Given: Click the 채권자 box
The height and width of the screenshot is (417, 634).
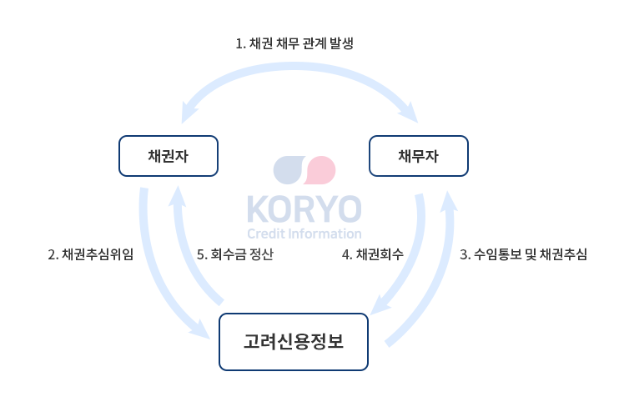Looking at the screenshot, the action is pyautogui.click(x=169, y=156).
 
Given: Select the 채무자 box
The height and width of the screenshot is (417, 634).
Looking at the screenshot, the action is pyautogui.click(x=419, y=156).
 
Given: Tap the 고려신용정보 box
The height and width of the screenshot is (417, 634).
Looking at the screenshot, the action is pyautogui.click(x=294, y=342).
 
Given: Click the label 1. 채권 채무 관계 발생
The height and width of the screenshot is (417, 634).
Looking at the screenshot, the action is pyautogui.click(x=294, y=43).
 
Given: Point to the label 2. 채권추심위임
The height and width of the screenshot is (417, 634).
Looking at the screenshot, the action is pyautogui.click(x=91, y=254).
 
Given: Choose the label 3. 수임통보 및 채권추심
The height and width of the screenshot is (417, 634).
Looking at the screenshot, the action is pyautogui.click(x=523, y=254).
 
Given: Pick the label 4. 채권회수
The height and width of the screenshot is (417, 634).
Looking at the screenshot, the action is pyautogui.click(x=372, y=254).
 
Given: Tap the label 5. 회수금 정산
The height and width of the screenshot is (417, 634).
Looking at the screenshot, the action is pyautogui.click(x=235, y=254).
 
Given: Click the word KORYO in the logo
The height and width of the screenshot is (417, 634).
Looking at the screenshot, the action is pyautogui.click(x=304, y=208).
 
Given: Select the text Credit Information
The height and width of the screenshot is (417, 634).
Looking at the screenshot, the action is pyautogui.click(x=304, y=234).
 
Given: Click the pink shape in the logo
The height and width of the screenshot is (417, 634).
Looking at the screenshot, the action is pyautogui.click(x=320, y=170).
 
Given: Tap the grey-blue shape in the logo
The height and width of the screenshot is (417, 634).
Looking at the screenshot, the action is pyautogui.click(x=289, y=170).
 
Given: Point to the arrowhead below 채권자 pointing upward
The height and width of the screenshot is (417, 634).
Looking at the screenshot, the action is pyautogui.click(x=178, y=196).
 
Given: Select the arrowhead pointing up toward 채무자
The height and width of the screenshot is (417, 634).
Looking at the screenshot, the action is pyautogui.click(x=448, y=201).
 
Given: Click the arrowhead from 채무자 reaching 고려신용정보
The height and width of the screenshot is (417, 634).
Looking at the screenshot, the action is pyautogui.click(x=380, y=306).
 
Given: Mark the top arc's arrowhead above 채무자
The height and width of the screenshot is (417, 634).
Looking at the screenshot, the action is pyautogui.click(x=409, y=113).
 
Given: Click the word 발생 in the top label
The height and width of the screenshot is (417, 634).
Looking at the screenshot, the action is pyautogui.click(x=342, y=43).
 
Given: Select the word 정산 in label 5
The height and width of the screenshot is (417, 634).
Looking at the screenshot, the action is pyautogui.click(x=261, y=254).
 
